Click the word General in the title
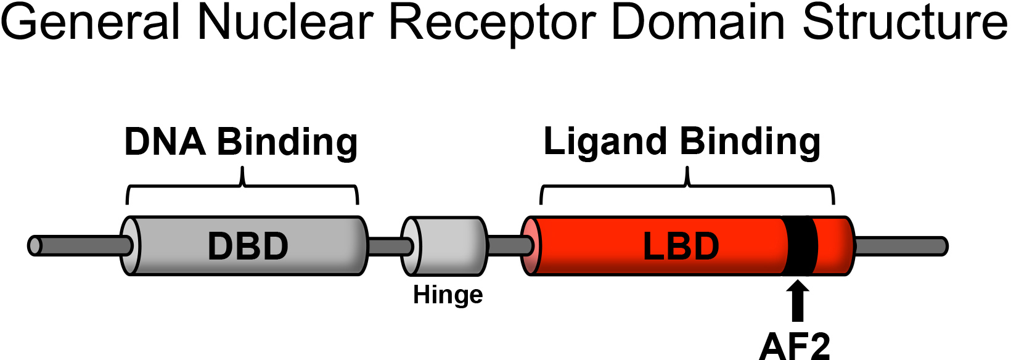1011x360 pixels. tap(91, 22)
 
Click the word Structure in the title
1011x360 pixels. tap(905, 22)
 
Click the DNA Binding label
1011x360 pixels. tap(241, 142)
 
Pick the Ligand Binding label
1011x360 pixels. tap(682, 142)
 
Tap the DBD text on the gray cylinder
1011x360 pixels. tap(248, 246)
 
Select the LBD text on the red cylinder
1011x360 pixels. tap(681, 246)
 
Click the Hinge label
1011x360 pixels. tap(448, 295)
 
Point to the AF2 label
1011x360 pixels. tap(795, 346)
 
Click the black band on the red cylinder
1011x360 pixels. tap(800, 245)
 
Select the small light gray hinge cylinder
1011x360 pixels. tap(449, 245)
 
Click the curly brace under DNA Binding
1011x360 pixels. tap(242, 185)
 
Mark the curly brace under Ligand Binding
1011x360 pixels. tap(687, 185)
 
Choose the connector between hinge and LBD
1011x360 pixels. tap(509, 245)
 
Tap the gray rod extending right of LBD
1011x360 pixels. tap(900, 246)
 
